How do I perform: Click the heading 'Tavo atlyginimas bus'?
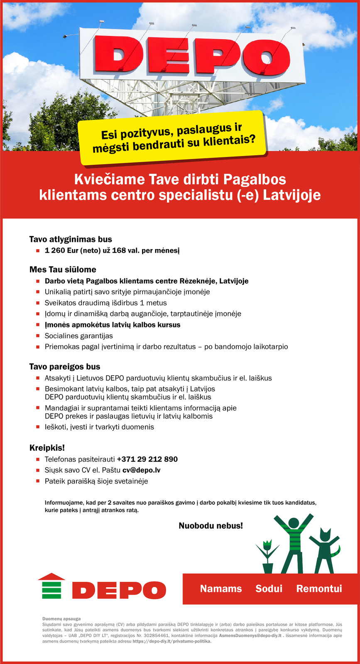[71, 239]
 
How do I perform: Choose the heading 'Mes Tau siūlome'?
[63, 270]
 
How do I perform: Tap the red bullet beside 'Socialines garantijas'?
[37, 336]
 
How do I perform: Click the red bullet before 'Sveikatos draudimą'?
[37, 303]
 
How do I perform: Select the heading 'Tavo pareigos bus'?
[65, 367]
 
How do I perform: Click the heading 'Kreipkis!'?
[47, 448]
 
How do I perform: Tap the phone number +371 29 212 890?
[147, 459]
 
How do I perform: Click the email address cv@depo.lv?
[142, 470]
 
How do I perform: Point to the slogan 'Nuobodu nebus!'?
[211, 526]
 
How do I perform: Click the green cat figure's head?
[324, 535]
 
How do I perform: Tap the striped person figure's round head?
[294, 524]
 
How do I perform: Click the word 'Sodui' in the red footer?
[269, 588]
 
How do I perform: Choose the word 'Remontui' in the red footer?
[319, 588]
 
